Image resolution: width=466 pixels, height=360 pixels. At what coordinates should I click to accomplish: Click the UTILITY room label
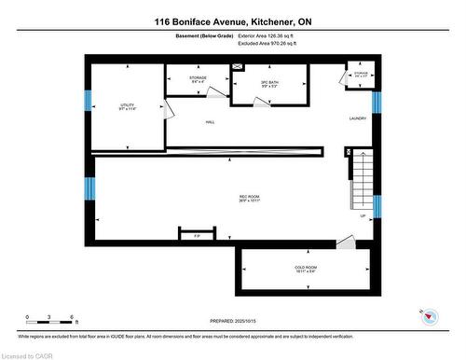click(x=128, y=107)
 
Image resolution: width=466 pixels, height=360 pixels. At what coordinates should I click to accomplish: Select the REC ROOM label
click(x=247, y=197)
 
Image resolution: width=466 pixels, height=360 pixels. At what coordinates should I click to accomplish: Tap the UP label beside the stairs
click(x=362, y=216)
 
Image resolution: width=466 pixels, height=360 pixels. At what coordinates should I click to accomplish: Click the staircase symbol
click(x=362, y=182)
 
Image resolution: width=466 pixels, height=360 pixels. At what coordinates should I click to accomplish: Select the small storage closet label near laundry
click(x=360, y=75)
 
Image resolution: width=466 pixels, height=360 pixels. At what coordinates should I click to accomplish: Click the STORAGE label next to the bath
click(x=197, y=79)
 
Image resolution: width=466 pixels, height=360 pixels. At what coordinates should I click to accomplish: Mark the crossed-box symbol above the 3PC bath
click(x=238, y=68)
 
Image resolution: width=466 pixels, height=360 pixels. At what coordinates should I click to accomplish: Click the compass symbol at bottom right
click(x=429, y=317)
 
